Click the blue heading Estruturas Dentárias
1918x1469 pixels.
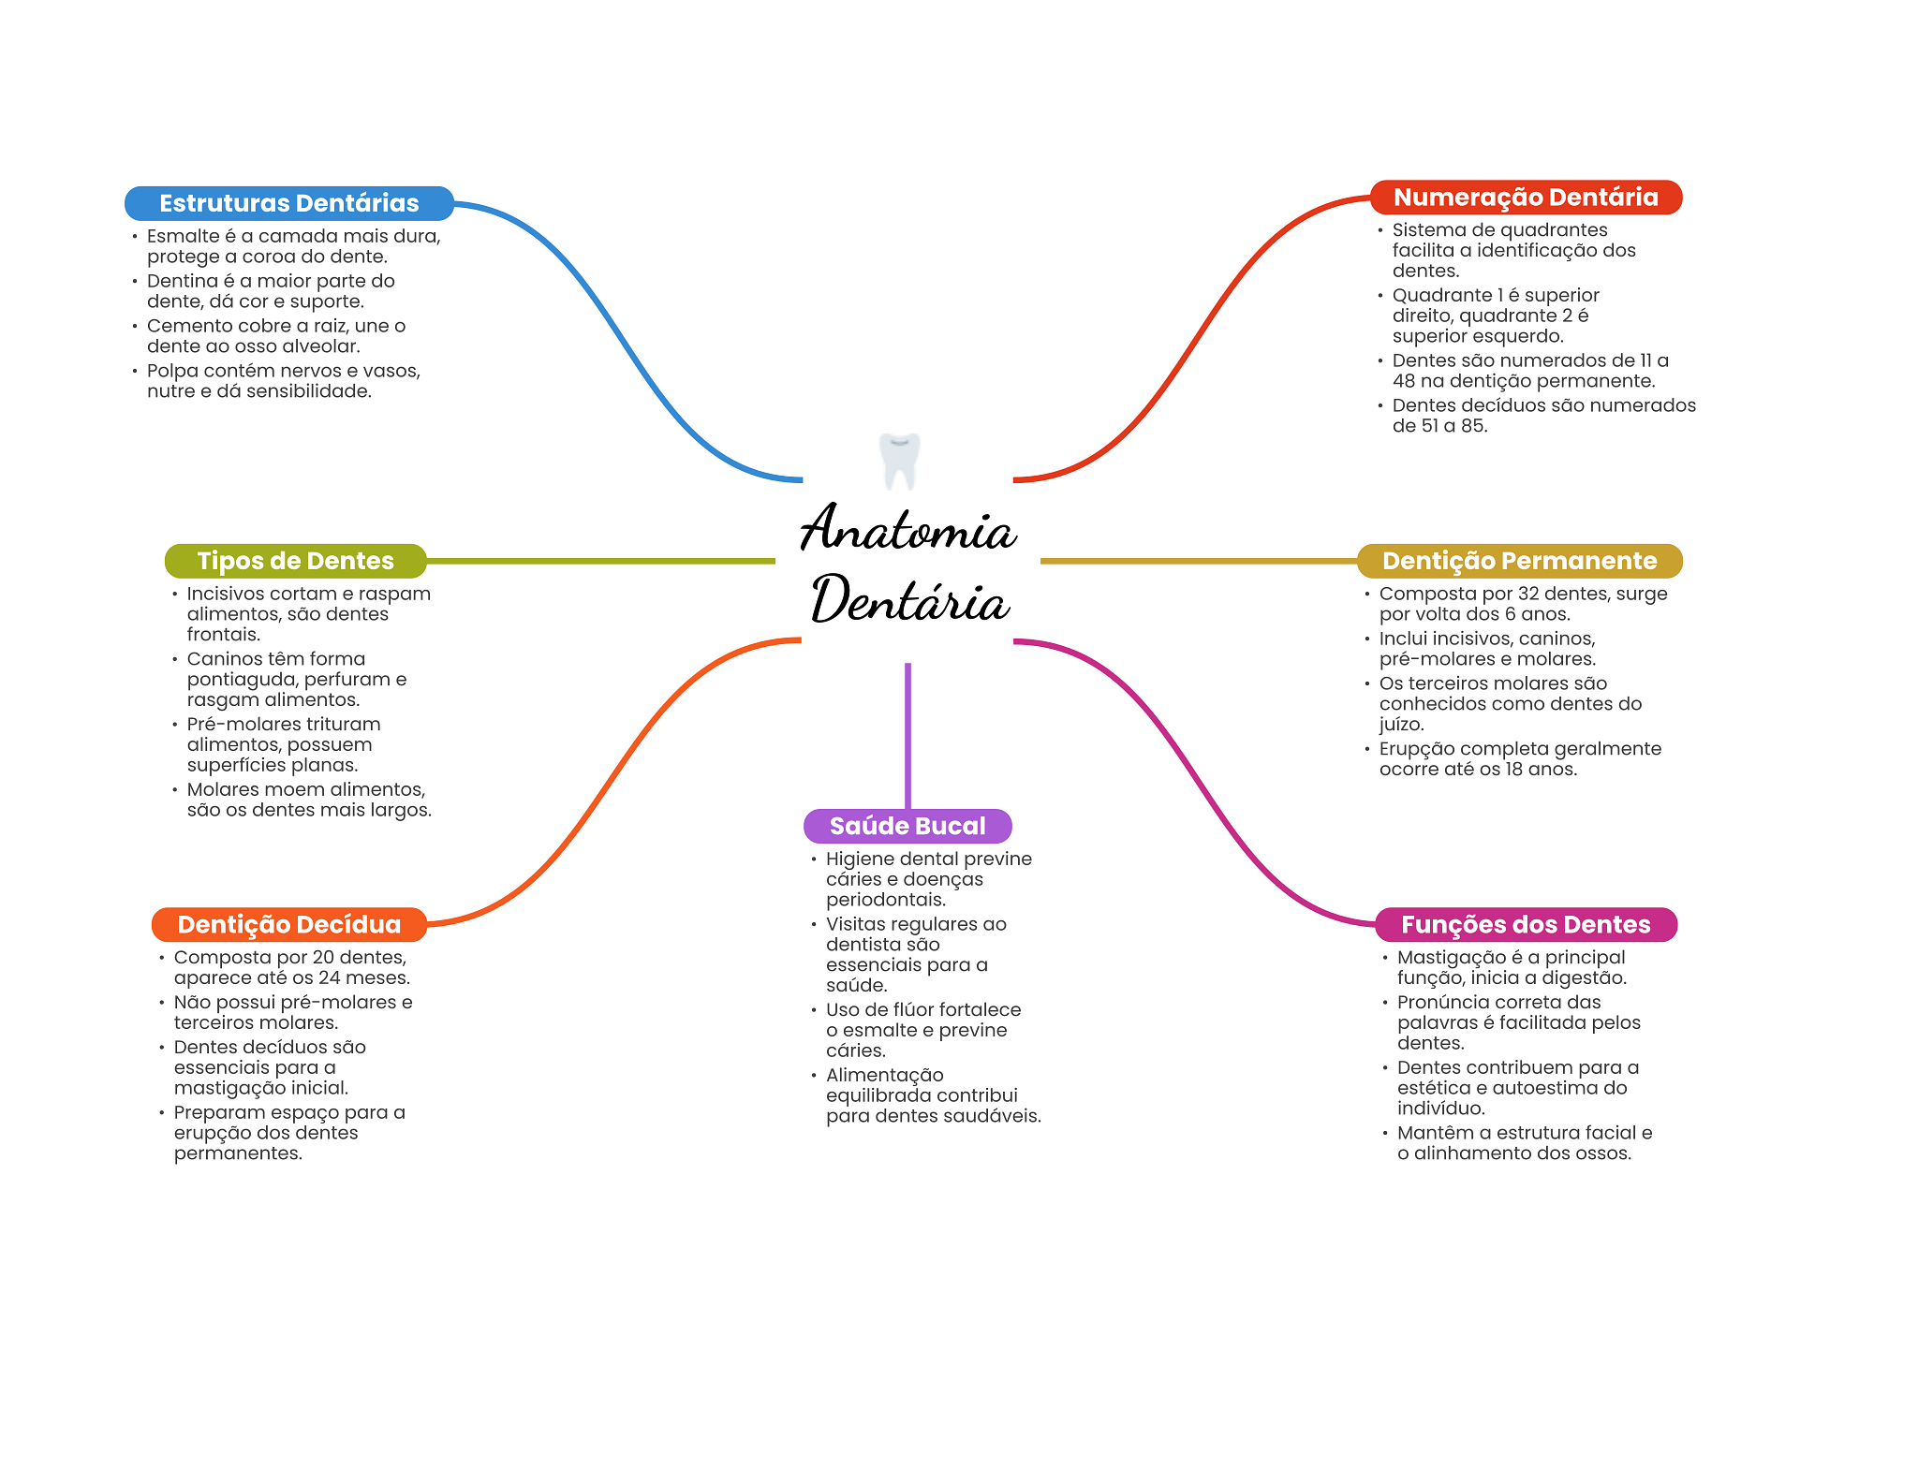pyautogui.click(x=288, y=203)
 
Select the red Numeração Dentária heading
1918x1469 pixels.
pyautogui.click(x=1526, y=198)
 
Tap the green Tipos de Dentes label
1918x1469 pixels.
pyautogui.click(x=295, y=561)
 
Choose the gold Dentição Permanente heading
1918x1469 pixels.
pyautogui.click(x=1519, y=561)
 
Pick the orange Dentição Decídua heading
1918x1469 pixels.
pyautogui.click(x=288, y=925)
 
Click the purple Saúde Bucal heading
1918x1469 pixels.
pyautogui.click(x=907, y=826)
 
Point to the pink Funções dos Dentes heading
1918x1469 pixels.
pyautogui.click(x=1526, y=925)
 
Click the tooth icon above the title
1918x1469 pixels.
pyautogui.click(x=900, y=461)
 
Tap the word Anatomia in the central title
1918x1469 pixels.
pyautogui.click(x=907, y=529)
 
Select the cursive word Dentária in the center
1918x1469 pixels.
pyautogui.click(x=910, y=600)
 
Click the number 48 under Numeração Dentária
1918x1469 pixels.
pyautogui.click(x=1403, y=381)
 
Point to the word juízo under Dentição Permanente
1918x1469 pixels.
pyautogui.click(x=1401, y=725)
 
